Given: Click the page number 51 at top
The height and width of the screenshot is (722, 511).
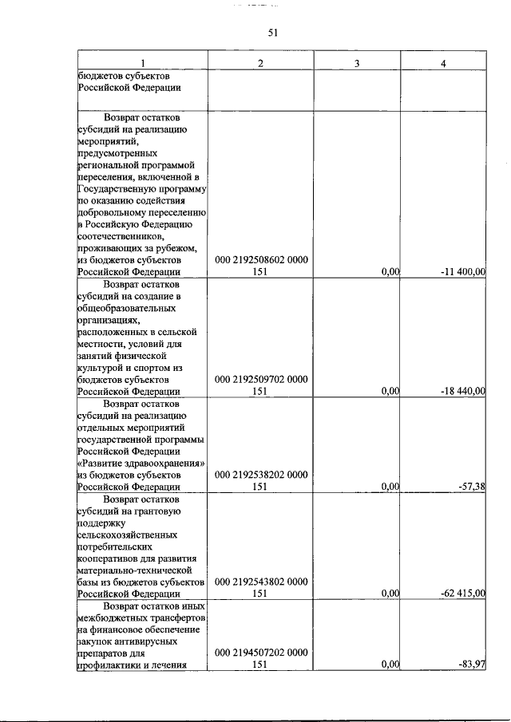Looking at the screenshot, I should [x=271, y=32].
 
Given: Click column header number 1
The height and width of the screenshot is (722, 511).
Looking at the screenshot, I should [x=143, y=63].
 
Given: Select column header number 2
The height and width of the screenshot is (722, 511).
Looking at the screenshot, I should [x=260, y=63].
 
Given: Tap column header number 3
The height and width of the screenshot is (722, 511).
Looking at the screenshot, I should [x=357, y=63].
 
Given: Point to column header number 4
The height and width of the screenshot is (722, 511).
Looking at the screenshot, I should [x=443, y=63].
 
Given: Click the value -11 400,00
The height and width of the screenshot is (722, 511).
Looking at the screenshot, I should [x=463, y=272].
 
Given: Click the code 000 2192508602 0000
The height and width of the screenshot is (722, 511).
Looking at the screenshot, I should [x=261, y=260].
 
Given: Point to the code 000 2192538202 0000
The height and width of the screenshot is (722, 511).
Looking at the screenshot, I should [x=261, y=475].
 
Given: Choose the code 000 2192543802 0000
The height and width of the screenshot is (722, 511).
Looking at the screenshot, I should [x=261, y=582].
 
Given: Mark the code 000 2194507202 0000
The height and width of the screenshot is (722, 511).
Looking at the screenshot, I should [x=261, y=653].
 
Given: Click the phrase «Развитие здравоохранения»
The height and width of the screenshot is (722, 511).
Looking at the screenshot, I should [x=141, y=464].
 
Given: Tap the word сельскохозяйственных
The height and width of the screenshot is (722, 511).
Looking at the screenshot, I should [x=127, y=535].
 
